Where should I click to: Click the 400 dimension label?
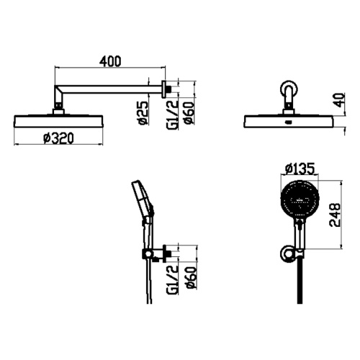pyautogui.click(x=110, y=61)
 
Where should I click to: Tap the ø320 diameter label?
pyautogui.click(x=59, y=138)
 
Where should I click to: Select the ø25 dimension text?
pyautogui.click(x=143, y=113)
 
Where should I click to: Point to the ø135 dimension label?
pyautogui.click(x=300, y=168)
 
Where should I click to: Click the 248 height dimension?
pyautogui.click(x=335, y=215)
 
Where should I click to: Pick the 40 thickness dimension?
pyautogui.click(x=339, y=100)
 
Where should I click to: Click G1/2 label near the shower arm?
pyautogui.click(x=173, y=115)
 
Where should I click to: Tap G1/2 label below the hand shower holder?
pyautogui.click(x=173, y=279)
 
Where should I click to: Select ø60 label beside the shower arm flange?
pyautogui.click(x=189, y=113)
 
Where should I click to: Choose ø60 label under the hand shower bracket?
pyautogui.click(x=192, y=278)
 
